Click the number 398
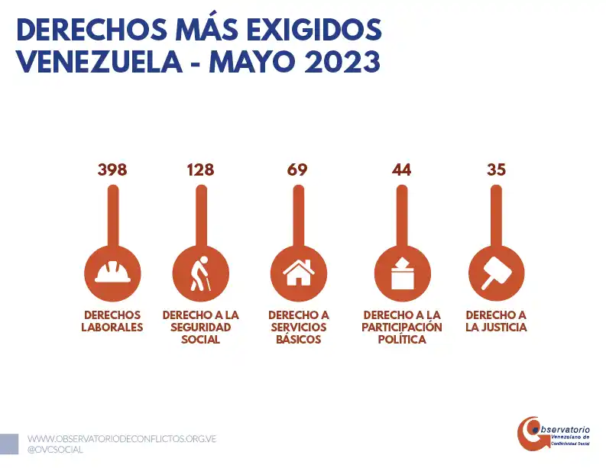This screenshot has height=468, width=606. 112,169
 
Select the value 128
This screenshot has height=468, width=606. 200,169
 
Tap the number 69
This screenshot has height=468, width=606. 297,169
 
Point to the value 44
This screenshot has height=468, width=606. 401,169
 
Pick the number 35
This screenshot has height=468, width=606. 496,169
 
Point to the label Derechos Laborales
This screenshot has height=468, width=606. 112,321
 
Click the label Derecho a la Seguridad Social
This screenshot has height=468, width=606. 200,327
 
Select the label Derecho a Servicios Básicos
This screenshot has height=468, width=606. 298,327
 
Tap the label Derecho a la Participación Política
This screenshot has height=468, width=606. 402,327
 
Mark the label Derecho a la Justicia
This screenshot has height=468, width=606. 496,321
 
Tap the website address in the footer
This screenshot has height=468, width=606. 122,440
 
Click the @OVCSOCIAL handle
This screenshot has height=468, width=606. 55,450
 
